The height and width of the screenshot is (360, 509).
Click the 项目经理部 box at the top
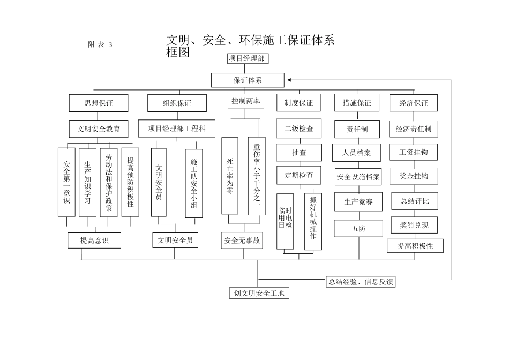(x=247, y=59)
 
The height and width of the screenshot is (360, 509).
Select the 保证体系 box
(x=247, y=80)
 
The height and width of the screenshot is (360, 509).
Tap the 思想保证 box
(x=99, y=103)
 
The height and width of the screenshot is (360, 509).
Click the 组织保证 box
(x=177, y=103)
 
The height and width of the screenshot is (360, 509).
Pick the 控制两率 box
(x=246, y=101)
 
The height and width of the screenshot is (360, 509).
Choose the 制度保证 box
(x=298, y=103)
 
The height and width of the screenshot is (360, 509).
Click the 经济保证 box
(x=414, y=103)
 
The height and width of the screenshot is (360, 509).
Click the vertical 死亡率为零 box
(x=230, y=176)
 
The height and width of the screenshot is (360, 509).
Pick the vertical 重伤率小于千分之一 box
(x=257, y=176)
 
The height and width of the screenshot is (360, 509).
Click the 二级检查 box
(x=299, y=129)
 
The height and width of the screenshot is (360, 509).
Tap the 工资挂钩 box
(x=414, y=152)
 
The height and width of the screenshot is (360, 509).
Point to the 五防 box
(x=358, y=228)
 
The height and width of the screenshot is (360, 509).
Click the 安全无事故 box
(x=242, y=241)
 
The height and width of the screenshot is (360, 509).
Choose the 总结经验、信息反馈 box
(x=361, y=282)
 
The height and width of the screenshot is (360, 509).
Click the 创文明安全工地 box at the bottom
(x=258, y=293)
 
